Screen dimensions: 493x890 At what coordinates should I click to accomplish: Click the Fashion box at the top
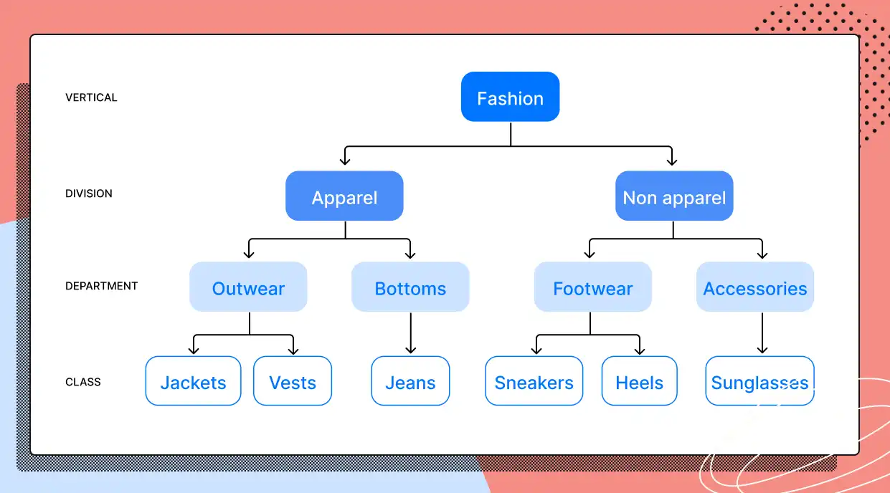click(x=510, y=97)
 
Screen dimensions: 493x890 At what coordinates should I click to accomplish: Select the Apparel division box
click(x=344, y=196)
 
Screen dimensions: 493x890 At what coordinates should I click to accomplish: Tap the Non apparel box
click(x=674, y=196)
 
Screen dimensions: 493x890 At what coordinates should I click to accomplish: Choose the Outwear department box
click(x=248, y=287)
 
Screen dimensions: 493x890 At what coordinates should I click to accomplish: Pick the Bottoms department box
click(x=410, y=287)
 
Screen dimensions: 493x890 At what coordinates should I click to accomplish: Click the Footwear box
click(x=592, y=287)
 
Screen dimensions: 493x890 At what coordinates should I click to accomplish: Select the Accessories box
click(x=754, y=287)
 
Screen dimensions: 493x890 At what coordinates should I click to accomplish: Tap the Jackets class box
click(x=193, y=381)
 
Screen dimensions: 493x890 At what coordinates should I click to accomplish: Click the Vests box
click(x=293, y=381)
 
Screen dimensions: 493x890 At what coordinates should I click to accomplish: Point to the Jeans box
click(x=410, y=381)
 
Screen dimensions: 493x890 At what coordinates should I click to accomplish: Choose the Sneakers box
click(x=534, y=381)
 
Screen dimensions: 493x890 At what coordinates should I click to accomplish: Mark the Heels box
click(x=639, y=381)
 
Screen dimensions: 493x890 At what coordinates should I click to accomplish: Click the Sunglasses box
click(x=759, y=381)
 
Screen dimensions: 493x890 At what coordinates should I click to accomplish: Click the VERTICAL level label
click(x=91, y=97)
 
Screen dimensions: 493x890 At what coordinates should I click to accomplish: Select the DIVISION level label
click(x=89, y=193)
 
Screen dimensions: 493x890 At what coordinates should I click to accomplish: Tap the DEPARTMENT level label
click(x=101, y=286)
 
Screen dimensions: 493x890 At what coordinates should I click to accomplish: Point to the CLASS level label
click(x=83, y=382)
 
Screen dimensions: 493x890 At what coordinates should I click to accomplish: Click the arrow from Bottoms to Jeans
click(x=410, y=332)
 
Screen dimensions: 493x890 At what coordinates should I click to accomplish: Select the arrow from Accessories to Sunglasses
click(x=762, y=332)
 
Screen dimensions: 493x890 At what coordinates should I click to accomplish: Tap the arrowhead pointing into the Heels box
click(x=639, y=350)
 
